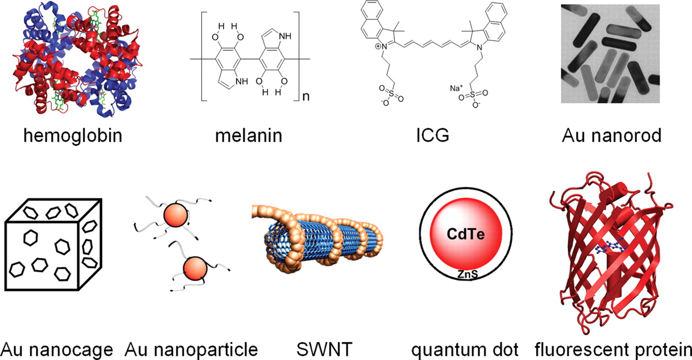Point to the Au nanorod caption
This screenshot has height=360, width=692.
(x=611, y=135)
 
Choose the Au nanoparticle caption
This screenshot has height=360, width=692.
(x=191, y=349)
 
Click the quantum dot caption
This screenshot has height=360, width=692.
(x=464, y=349)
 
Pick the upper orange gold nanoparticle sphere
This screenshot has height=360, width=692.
(x=175, y=216)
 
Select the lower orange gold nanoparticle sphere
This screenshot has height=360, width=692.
(x=195, y=269)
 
